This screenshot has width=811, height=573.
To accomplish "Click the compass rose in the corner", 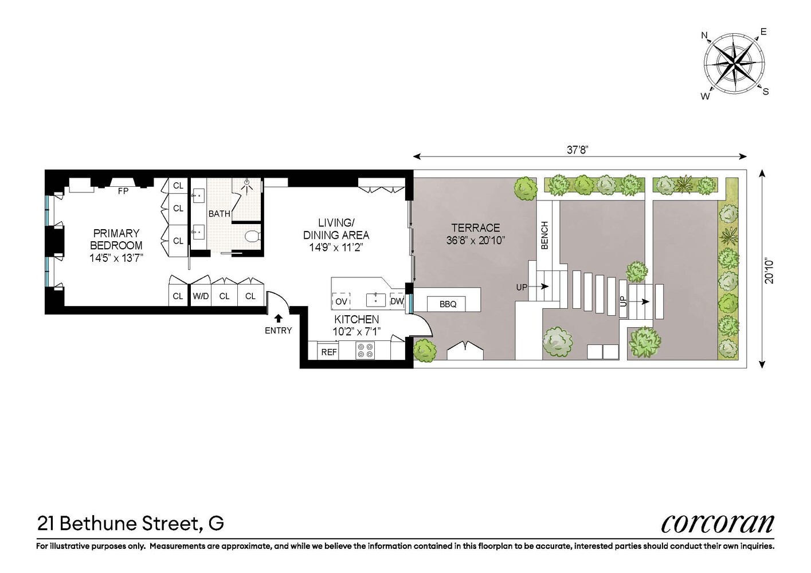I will pyautogui.click(x=734, y=62).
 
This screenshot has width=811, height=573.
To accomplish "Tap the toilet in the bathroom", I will pyautogui.click(x=252, y=236).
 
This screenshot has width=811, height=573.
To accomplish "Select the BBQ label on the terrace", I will pyautogui.click(x=448, y=304).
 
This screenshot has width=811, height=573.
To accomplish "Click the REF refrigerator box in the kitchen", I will pyautogui.click(x=328, y=352).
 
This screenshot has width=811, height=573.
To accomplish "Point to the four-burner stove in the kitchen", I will pyautogui.click(x=365, y=350).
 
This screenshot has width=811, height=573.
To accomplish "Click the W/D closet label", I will pyautogui.click(x=201, y=296).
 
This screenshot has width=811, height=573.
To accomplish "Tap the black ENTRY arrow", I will pyautogui.click(x=279, y=319).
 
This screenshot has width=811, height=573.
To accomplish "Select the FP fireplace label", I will pyautogui.click(x=123, y=191).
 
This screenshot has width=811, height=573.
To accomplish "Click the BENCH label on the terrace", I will pyautogui.click(x=544, y=235).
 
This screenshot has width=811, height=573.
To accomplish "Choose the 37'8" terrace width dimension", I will pyautogui.click(x=578, y=150).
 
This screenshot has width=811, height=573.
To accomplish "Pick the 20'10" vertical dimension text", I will pyautogui.click(x=769, y=271).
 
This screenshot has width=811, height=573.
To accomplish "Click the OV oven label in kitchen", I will pyautogui.click(x=342, y=301).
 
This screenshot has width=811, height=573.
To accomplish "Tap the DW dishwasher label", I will pyautogui.click(x=397, y=301).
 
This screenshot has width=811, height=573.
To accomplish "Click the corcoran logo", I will pyautogui.click(x=717, y=523).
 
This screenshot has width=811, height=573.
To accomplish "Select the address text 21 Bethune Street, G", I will pyautogui.click(x=131, y=523).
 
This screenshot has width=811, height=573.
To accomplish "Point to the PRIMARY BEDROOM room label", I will pyautogui.click(x=116, y=239).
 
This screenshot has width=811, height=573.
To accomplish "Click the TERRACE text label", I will pyautogui.click(x=475, y=227).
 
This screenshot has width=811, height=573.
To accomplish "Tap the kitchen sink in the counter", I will pyautogui.click(x=375, y=300).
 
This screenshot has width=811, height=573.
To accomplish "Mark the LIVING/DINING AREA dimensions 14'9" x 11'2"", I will pyautogui.click(x=336, y=248).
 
